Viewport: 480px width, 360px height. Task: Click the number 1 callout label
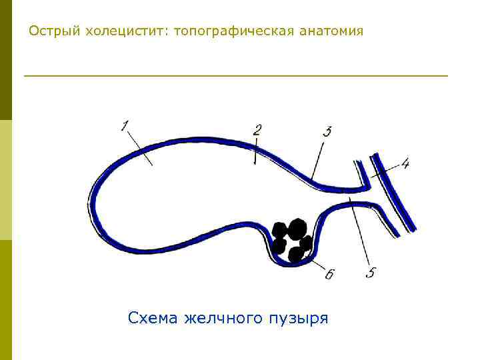(125, 125)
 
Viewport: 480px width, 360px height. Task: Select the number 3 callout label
(327, 131)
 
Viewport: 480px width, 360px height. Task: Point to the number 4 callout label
(405, 162)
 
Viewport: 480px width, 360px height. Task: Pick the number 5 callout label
(371, 272)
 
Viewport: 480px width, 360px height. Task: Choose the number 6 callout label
(329, 274)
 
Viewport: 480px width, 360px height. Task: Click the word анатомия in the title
(332, 31)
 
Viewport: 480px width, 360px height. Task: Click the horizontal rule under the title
(236, 76)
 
